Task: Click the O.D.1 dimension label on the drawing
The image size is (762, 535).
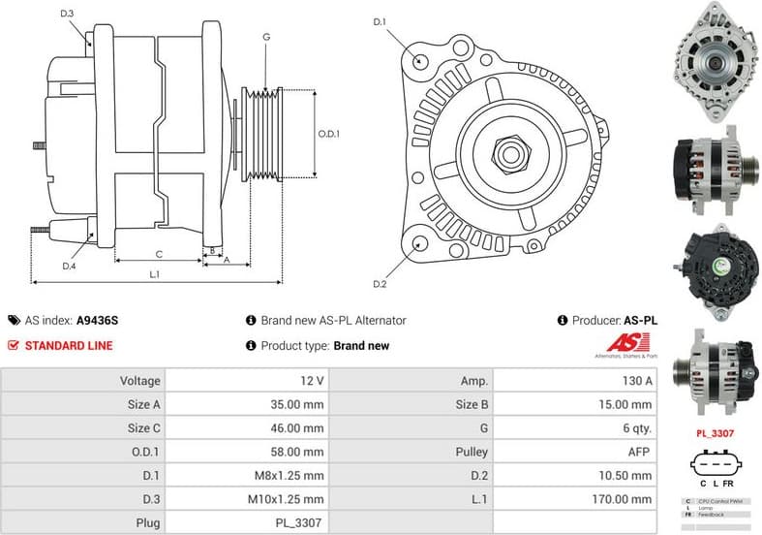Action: click(x=329, y=134)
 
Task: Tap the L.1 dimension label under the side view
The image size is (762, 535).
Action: click(x=154, y=274)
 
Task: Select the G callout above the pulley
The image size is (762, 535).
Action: click(x=265, y=37)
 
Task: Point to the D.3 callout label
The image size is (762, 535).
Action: click(x=66, y=14)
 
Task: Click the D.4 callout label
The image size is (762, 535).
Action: click(x=70, y=266)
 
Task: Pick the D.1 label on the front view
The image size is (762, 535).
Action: click(x=380, y=21)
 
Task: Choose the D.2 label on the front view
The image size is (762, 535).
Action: click(x=380, y=283)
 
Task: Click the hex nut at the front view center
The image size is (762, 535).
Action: click(x=508, y=152)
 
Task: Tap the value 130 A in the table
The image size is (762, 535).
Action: click(x=635, y=381)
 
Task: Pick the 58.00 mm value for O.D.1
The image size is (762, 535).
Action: click(x=298, y=452)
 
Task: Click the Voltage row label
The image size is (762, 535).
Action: click(x=140, y=381)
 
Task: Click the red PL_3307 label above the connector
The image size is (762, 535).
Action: click(x=716, y=433)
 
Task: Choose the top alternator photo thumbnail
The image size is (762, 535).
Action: click(x=716, y=61)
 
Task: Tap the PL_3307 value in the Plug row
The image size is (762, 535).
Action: click(x=303, y=522)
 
